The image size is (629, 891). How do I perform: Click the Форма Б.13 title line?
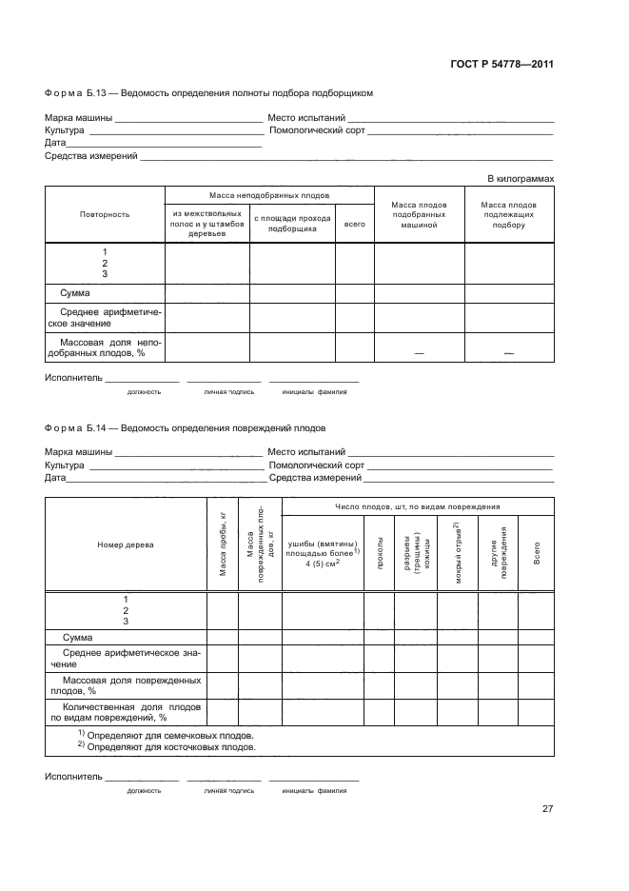pos(208,93)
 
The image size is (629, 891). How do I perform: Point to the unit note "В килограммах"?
pos(521,178)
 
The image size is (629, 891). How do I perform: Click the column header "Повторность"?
pos(105,214)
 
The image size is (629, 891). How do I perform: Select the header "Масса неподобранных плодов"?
pos(269,194)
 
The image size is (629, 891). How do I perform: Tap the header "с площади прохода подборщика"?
pos(292,224)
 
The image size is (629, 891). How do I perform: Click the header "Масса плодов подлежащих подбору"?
pos(509,214)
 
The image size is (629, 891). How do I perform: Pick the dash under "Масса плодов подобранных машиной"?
pos(419,353)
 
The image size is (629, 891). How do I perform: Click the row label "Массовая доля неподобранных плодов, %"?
pos(102,346)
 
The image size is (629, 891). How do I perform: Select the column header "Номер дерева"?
pos(126,544)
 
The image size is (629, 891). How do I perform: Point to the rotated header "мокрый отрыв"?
pos(457,545)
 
